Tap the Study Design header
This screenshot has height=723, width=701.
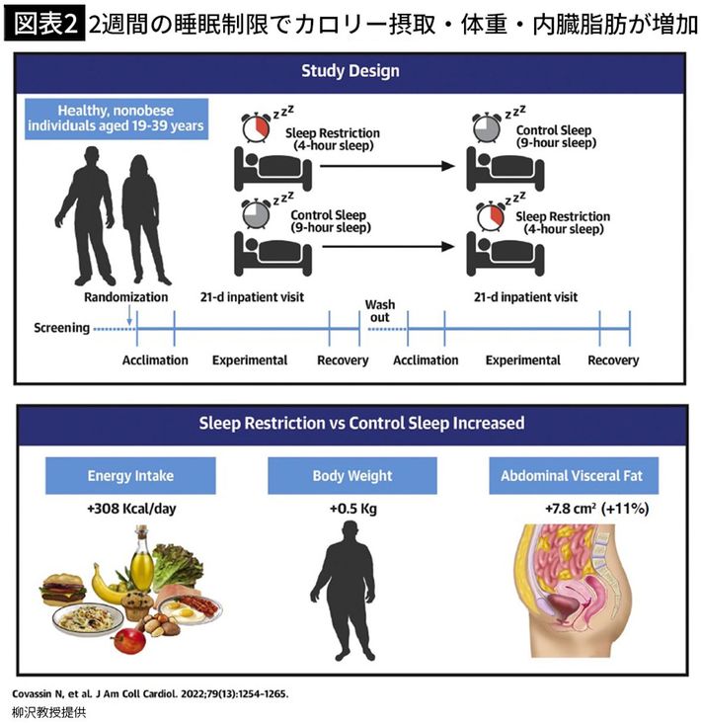pyautogui.click(x=350, y=71)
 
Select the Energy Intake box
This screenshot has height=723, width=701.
pyautogui.click(x=129, y=476)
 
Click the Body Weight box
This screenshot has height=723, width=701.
pyautogui.click(x=351, y=476)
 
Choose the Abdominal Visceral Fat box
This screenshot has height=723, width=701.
pyautogui.click(x=573, y=476)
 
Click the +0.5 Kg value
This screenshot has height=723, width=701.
pyautogui.click(x=351, y=510)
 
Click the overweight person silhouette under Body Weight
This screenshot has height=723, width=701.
pyautogui.click(x=351, y=593)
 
